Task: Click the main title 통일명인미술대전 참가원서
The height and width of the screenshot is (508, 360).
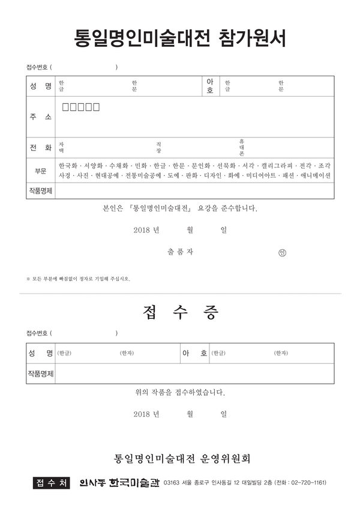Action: (x=180, y=38)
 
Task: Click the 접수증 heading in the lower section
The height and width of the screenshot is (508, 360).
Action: (x=180, y=312)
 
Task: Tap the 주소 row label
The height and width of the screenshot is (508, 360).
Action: (x=40, y=116)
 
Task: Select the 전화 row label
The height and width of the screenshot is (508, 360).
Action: (x=40, y=147)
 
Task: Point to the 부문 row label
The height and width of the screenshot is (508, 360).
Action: (x=40, y=170)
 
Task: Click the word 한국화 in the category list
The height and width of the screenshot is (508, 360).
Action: (x=68, y=165)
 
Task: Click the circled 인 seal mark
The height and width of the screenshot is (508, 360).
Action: (x=283, y=253)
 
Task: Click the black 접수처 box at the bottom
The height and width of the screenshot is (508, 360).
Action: (x=52, y=482)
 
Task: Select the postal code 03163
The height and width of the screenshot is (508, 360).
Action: (x=173, y=483)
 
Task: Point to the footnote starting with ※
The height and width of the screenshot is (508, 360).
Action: (x=78, y=279)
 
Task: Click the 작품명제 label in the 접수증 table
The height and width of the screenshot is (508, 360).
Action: (x=40, y=373)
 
